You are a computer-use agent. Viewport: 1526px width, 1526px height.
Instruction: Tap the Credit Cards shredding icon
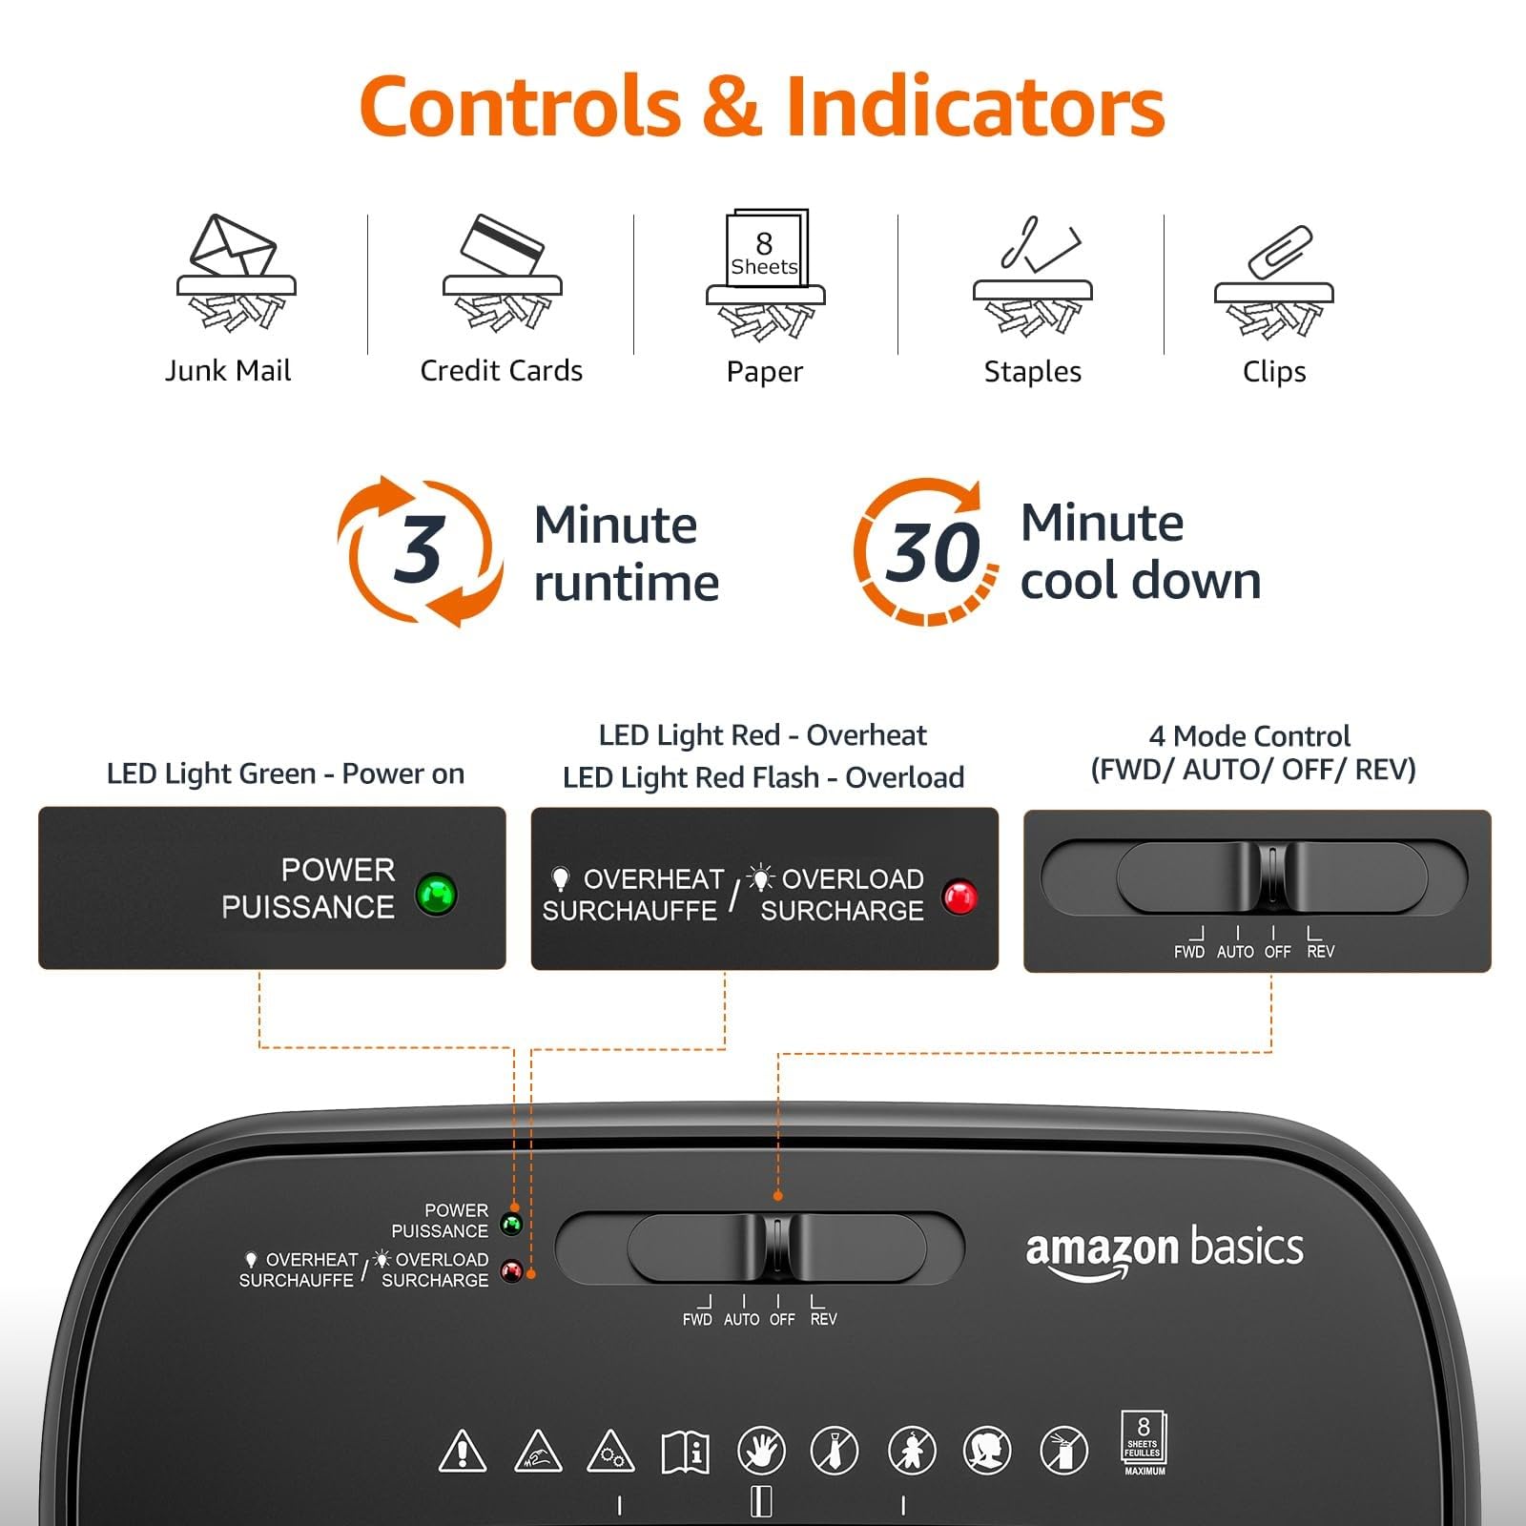(x=503, y=272)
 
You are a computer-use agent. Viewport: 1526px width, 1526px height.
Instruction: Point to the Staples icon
(x=1032, y=277)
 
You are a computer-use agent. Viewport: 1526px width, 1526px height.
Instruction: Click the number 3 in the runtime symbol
(x=419, y=549)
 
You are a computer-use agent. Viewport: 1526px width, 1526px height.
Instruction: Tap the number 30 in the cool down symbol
(x=932, y=552)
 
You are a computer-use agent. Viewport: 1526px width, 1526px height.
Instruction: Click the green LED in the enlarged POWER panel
(x=437, y=894)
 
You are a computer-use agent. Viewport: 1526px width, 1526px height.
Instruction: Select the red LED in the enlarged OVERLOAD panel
(x=959, y=897)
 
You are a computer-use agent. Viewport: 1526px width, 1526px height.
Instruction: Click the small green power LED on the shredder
(x=512, y=1224)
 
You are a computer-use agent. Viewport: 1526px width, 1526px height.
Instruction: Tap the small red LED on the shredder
(x=512, y=1270)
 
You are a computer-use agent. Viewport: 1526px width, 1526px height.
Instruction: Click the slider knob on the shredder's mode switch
(x=777, y=1247)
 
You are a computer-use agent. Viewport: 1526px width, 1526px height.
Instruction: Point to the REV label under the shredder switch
(x=823, y=1319)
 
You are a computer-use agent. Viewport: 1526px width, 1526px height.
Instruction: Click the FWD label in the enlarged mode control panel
(x=1189, y=952)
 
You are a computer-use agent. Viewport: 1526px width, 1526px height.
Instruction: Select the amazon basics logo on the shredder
(x=1165, y=1252)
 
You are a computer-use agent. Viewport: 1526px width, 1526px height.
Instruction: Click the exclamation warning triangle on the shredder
(x=463, y=1451)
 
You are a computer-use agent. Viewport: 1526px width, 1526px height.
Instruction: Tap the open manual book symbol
(x=685, y=1451)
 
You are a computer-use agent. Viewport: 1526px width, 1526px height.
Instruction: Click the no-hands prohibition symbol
(x=761, y=1451)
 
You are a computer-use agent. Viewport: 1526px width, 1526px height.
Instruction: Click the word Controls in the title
(x=520, y=106)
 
